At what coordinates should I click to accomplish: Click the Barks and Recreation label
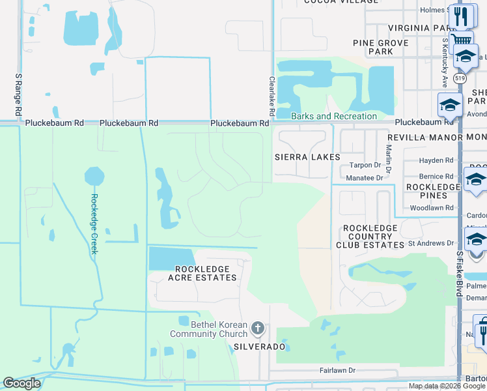(334, 116)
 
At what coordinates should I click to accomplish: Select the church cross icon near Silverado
(258, 328)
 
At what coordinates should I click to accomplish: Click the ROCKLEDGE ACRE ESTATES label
(202, 273)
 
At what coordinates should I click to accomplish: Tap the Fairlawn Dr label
(337, 370)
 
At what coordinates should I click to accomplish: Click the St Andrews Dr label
(430, 243)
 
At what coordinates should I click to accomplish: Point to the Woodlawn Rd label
(431, 208)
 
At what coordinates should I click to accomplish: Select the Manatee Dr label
(365, 177)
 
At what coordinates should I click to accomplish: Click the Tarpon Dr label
(365, 165)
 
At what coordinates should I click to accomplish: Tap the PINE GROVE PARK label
(381, 47)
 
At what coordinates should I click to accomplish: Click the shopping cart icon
(461, 40)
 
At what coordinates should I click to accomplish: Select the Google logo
(22, 383)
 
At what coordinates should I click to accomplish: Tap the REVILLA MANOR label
(424, 138)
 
